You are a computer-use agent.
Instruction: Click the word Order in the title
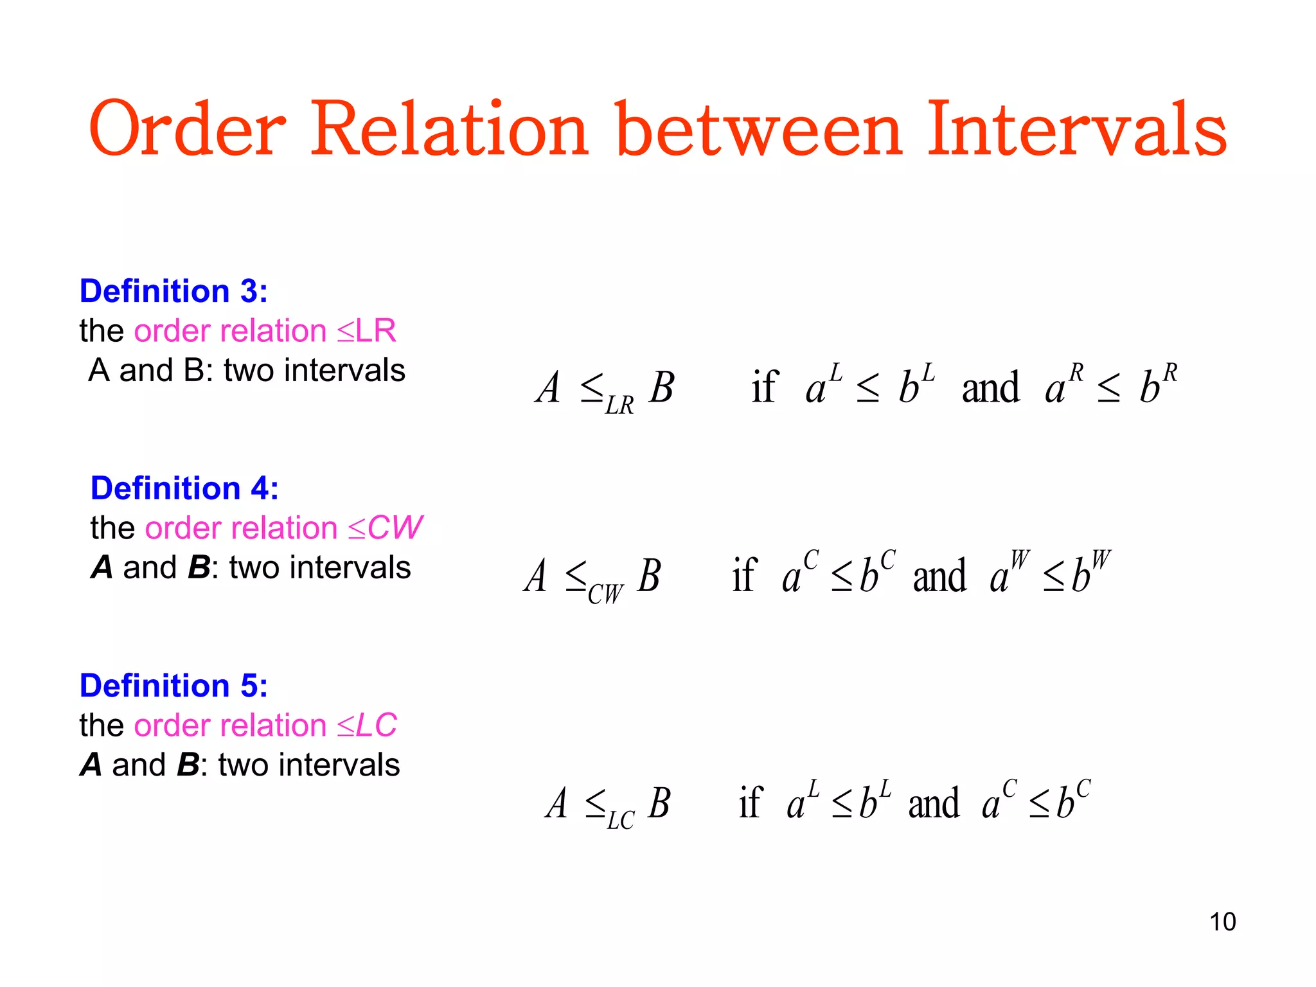[x=187, y=129]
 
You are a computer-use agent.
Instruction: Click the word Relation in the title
[x=449, y=129]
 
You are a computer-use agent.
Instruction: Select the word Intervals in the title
[x=1076, y=129]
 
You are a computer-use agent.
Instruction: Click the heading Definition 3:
[x=173, y=291]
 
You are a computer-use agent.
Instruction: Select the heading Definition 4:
[x=184, y=488]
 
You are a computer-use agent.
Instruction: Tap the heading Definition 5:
[x=173, y=686]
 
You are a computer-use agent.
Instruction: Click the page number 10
[x=1222, y=922]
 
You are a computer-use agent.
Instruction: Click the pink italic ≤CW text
[x=385, y=528]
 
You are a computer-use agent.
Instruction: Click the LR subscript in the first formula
[x=619, y=405]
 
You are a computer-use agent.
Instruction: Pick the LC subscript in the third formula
[x=620, y=821]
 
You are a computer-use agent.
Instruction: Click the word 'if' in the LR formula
[x=765, y=387]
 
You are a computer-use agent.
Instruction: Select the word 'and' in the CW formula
[x=939, y=576]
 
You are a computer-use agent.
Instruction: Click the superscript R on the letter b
[x=1170, y=373]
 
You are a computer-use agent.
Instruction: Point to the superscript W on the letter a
[x=1020, y=560]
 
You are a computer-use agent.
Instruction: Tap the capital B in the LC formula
[x=659, y=803]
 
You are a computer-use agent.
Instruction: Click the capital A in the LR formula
[x=548, y=387]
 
